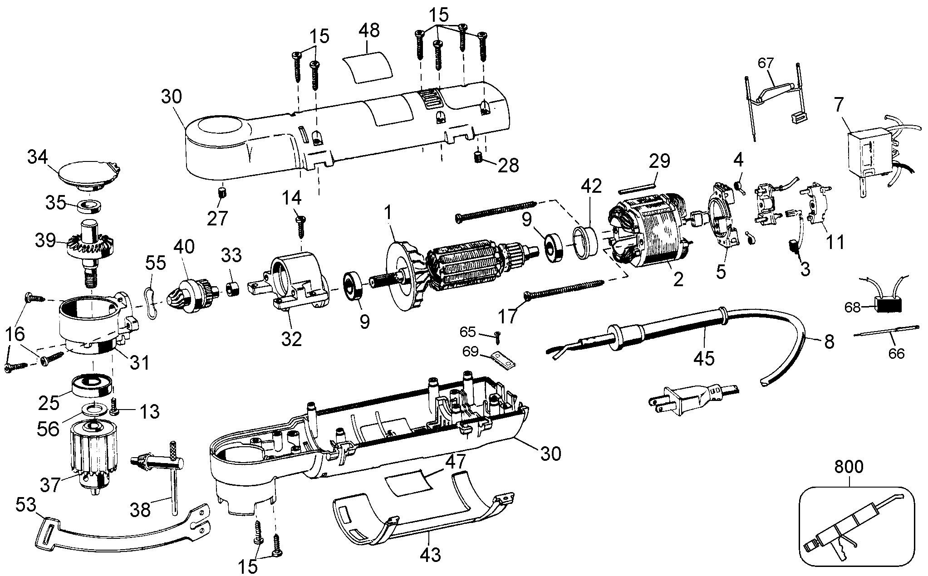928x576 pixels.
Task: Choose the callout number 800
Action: click(x=849, y=468)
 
